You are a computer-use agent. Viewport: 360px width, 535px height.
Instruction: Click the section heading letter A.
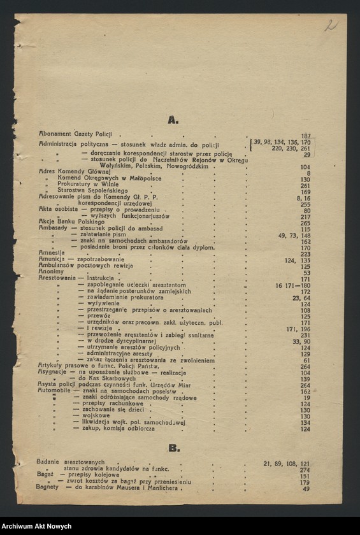point(173,120)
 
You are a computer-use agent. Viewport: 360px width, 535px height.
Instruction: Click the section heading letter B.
point(173,448)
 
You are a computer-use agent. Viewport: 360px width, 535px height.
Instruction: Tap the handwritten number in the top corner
point(331,25)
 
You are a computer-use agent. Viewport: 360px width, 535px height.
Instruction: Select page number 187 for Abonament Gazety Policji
point(305,136)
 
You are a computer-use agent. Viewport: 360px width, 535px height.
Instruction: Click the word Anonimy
point(51,272)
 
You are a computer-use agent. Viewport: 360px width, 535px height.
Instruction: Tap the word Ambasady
point(54,229)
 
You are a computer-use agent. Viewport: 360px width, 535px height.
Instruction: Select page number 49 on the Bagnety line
point(306,489)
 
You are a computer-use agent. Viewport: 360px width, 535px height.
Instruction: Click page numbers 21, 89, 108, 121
point(287,464)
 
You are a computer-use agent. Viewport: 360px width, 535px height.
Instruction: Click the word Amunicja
point(52,260)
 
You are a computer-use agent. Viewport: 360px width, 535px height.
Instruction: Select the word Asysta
point(48,385)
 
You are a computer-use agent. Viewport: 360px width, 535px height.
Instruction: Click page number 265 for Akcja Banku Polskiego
point(305,222)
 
